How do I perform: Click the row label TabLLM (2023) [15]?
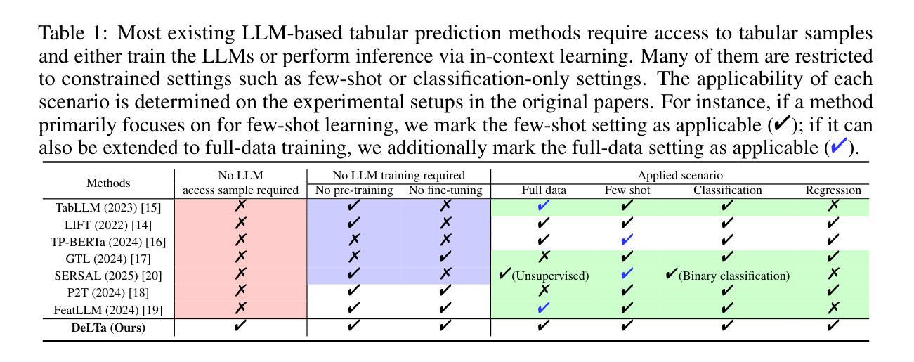108,208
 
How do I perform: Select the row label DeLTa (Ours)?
108,328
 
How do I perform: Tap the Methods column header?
108,183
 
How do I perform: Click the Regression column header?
833,190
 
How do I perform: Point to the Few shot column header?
627,190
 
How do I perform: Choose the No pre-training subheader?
354,190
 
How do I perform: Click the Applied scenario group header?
680,176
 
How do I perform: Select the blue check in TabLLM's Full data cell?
544,205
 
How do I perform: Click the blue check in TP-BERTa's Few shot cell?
627,240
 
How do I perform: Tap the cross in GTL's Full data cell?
544,257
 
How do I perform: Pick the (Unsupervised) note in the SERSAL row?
550,276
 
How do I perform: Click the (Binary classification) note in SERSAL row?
734,276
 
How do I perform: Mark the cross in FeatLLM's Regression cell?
833,308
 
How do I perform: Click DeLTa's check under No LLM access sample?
240,325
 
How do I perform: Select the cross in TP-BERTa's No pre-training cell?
354,240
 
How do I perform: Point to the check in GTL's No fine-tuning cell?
445,257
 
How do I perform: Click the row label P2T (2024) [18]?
108,293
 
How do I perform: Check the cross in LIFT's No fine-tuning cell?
445,222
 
